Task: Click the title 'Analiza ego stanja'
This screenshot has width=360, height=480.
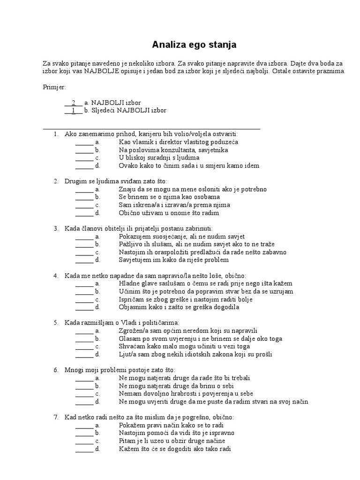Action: coord(194,45)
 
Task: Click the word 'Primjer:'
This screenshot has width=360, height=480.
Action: coord(54,87)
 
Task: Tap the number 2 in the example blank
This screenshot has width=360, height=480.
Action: coord(73,103)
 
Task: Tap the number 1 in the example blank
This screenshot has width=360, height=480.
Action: coord(73,111)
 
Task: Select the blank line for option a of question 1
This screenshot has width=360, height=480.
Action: coord(84,142)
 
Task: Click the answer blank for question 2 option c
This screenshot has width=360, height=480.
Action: coord(84,205)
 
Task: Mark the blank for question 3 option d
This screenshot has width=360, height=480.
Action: coord(84,260)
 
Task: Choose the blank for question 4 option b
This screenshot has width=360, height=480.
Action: coord(84,292)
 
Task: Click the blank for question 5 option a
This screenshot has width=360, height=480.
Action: coord(84,331)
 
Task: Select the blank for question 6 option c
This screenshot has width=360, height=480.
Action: coord(84,394)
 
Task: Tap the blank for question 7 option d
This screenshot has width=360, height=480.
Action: coord(84,449)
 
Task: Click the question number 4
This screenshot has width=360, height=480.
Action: coord(56,276)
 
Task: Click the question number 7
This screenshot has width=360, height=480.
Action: coord(56,417)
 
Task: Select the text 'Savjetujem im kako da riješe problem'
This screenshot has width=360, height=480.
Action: coord(173,260)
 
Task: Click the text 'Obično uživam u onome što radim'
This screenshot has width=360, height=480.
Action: coord(169,213)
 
